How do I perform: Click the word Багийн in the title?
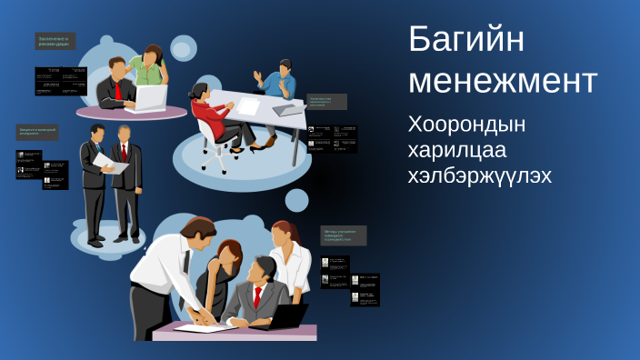coord(466,41)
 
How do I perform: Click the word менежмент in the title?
coord(503,80)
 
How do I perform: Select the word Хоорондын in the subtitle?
coord(467,124)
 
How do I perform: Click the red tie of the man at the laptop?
coord(117,90)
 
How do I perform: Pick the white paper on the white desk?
coord(248,106)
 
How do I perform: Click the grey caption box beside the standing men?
coord(39,132)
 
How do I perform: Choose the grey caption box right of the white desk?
coord(326,101)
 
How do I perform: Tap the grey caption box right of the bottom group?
coord(344,235)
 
